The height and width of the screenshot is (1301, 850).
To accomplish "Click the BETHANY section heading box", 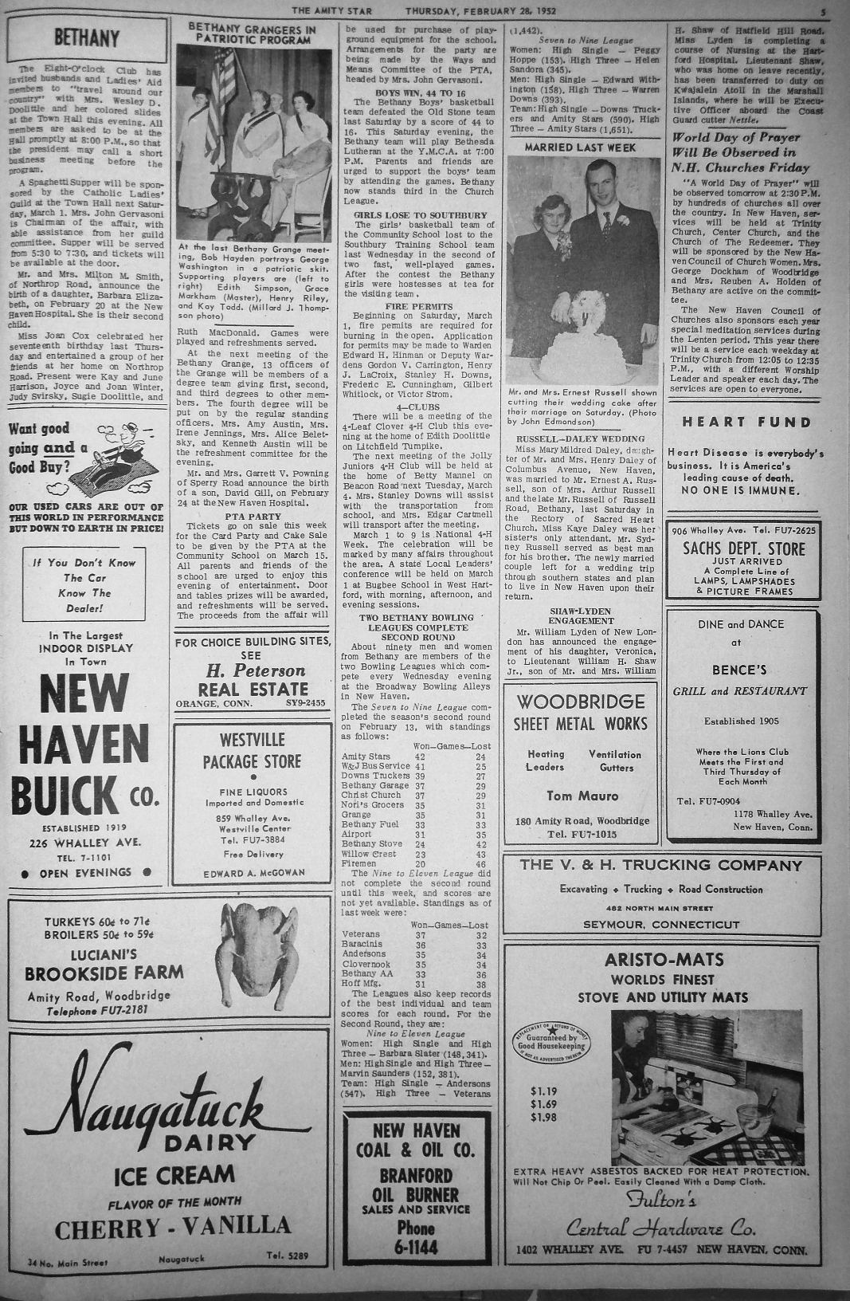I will click(87, 38).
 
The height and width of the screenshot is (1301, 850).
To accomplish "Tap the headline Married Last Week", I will click(579, 147).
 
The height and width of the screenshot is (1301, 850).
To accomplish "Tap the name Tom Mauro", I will click(582, 796).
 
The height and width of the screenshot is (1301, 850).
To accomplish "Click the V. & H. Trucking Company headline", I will click(660, 865).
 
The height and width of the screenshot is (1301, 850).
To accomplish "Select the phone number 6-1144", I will click(416, 1247).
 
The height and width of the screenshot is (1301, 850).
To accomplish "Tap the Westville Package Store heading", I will click(252, 751).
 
